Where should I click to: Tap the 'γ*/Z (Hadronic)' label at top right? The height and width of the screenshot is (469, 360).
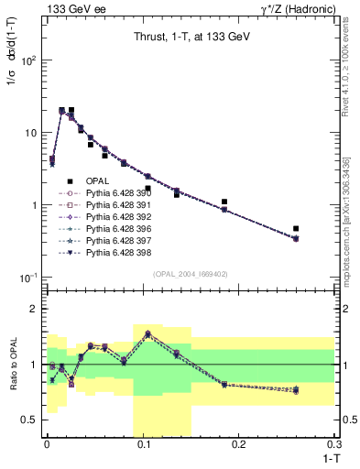pyautogui.click(x=296, y=8)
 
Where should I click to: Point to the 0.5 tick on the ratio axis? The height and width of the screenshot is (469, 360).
pyautogui.click(x=29, y=420)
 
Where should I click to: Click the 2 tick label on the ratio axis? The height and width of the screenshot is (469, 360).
pyautogui.click(x=33, y=309)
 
